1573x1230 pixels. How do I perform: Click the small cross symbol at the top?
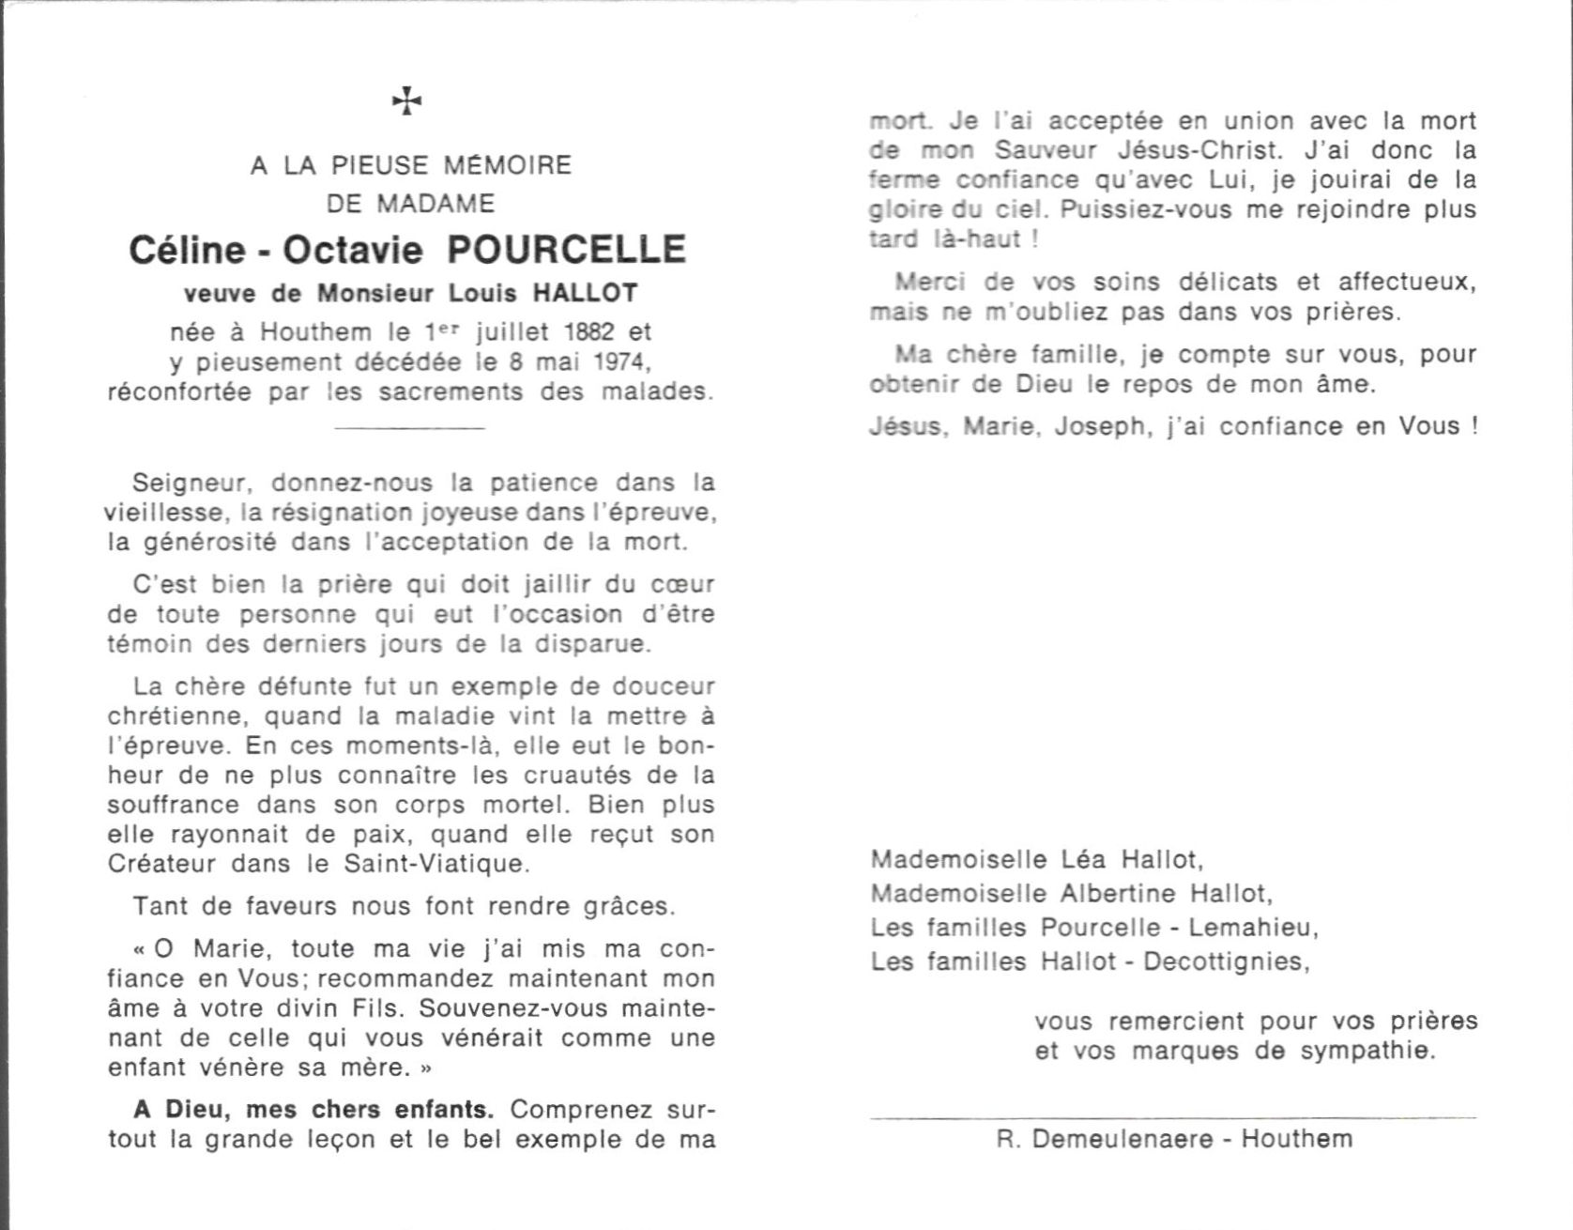(x=406, y=100)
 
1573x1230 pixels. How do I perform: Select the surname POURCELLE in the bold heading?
(x=566, y=250)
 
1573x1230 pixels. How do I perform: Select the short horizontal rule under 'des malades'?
(x=409, y=428)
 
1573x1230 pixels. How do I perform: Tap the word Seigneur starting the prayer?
(x=190, y=484)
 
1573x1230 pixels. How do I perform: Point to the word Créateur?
(x=162, y=863)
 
